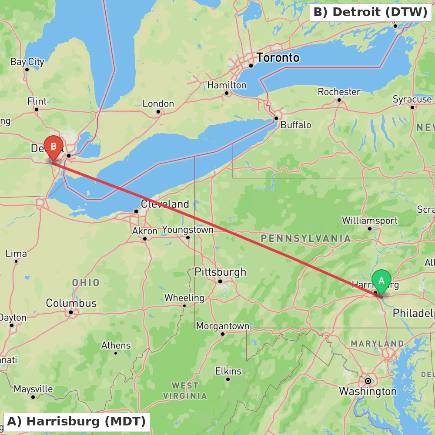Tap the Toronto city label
tap(278, 57)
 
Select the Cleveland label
tap(165, 204)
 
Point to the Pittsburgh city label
tap(220, 272)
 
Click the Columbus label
tap(71, 303)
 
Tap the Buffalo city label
tap(296, 125)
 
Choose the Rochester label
tap(339, 92)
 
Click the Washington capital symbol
tap(368, 381)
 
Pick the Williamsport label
tap(370, 220)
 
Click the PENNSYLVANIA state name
tap(305, 238)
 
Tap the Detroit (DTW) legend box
tap(371, 12)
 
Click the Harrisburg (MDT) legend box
tap(77, 421)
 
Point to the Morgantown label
tap(223, 326)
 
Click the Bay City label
tap(27, 62)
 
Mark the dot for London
tap(158, 112)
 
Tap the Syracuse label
tap(412, 99)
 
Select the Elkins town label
tap(228, 371)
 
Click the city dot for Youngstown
tap(188, 238)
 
